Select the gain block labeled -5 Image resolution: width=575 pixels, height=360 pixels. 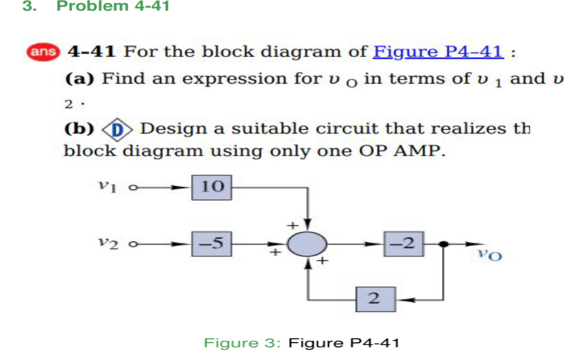(213, 244)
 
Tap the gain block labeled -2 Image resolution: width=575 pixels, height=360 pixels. (405, 244)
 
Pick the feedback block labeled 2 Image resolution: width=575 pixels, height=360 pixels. (374, 299)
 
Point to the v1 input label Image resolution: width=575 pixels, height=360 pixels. (107, 185)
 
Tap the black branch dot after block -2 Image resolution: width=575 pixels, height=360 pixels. (443, 245)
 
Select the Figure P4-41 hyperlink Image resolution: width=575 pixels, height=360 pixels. (438, 51)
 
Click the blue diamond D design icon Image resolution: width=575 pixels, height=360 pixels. (119, 129)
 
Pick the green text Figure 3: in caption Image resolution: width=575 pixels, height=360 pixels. (244, 343)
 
